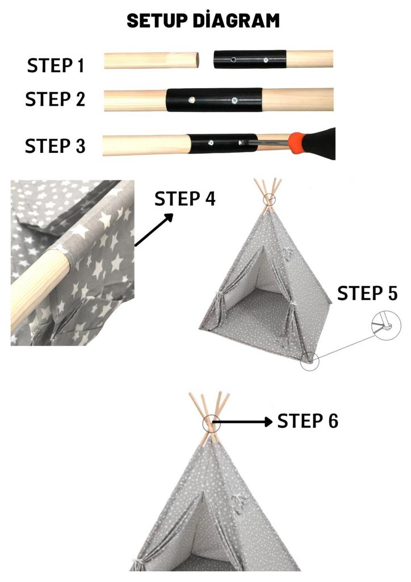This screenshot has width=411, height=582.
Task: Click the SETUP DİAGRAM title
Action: [203, 21]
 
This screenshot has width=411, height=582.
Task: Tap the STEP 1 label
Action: [56, 65]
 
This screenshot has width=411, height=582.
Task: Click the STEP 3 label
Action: [55, 145]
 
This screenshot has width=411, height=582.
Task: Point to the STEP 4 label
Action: [185, 199]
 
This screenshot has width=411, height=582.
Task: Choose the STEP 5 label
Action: [367, 293]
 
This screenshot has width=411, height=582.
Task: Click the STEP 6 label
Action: [307, 421]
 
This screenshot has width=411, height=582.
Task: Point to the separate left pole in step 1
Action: [152, 61]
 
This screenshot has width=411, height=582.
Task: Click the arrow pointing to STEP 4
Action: [154, 230]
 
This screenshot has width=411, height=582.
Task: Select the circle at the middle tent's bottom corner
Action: [310, 360]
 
